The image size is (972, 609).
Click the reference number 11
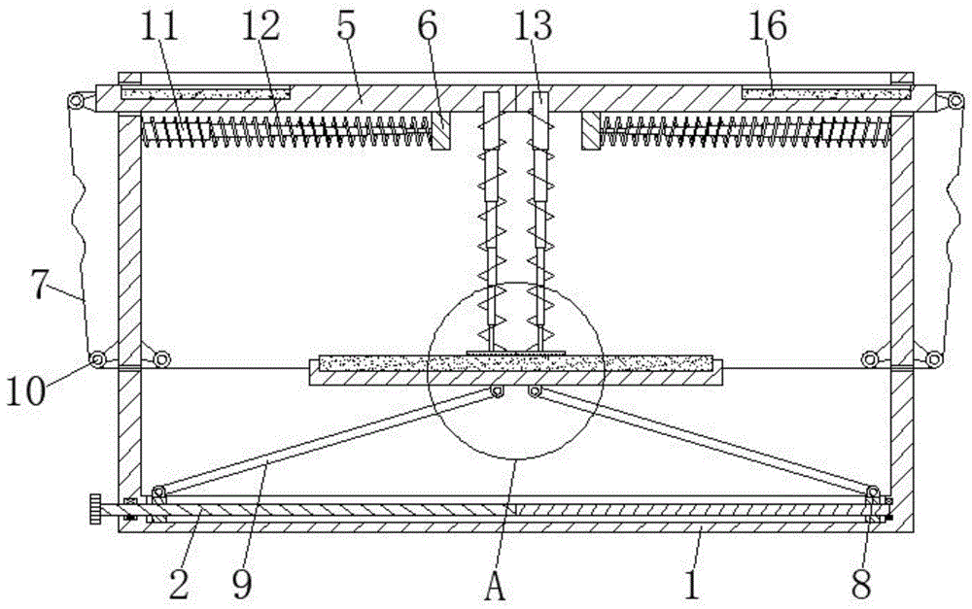pyautogui.click(x=162, y=27)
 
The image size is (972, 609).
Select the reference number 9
pyautogui.click(x=240, y=583)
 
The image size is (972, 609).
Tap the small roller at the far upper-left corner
pyautogui.click(x=75, y=101)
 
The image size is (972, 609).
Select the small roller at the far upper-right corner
pyautogui.click(x=956, y=101)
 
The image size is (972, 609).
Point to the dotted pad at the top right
pyautogui.click(x=826, y=93)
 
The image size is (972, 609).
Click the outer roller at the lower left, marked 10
pyautogui.click(x=97, y=360)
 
